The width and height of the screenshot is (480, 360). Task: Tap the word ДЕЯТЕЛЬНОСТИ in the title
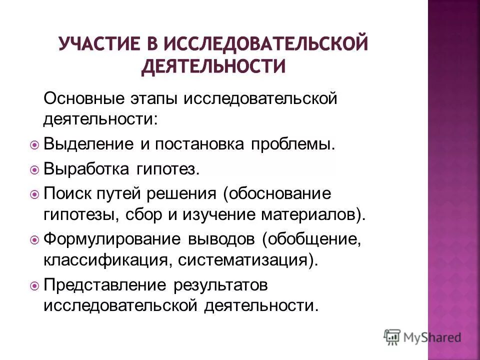[213, 66]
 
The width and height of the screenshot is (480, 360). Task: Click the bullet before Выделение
[34, 145]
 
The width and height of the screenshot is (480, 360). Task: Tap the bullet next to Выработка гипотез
[34, 169]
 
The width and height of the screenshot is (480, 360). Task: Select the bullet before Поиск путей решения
[34, 193]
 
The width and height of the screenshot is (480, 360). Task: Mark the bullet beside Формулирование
[34, 240]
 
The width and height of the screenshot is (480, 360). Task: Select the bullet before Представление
[34, 286]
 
